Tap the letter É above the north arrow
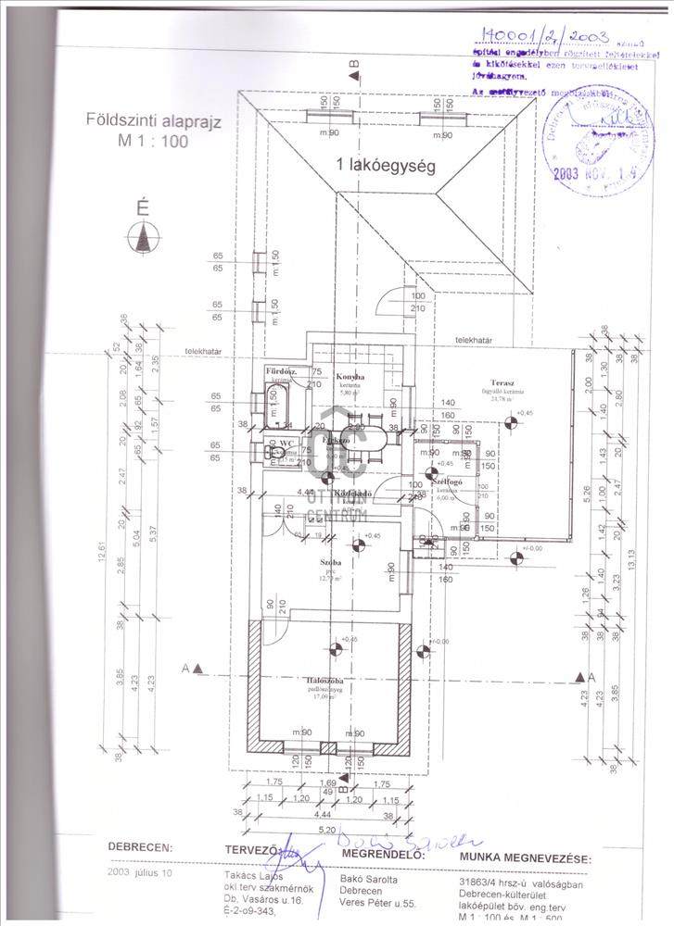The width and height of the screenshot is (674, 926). point(142,207)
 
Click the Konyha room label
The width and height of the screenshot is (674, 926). point(350,377)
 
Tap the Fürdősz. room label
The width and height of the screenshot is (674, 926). point(279,371)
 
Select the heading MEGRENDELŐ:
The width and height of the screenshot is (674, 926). point(383,854)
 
